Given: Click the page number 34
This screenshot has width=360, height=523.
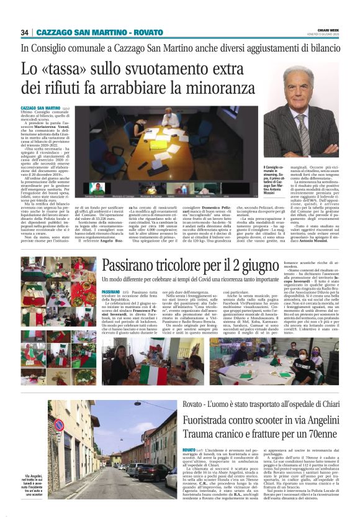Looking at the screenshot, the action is pos(24,32).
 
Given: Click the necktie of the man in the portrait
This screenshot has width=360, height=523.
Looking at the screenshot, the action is pos(302,121).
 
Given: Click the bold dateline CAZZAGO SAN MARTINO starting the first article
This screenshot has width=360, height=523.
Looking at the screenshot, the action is pos(40,108).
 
